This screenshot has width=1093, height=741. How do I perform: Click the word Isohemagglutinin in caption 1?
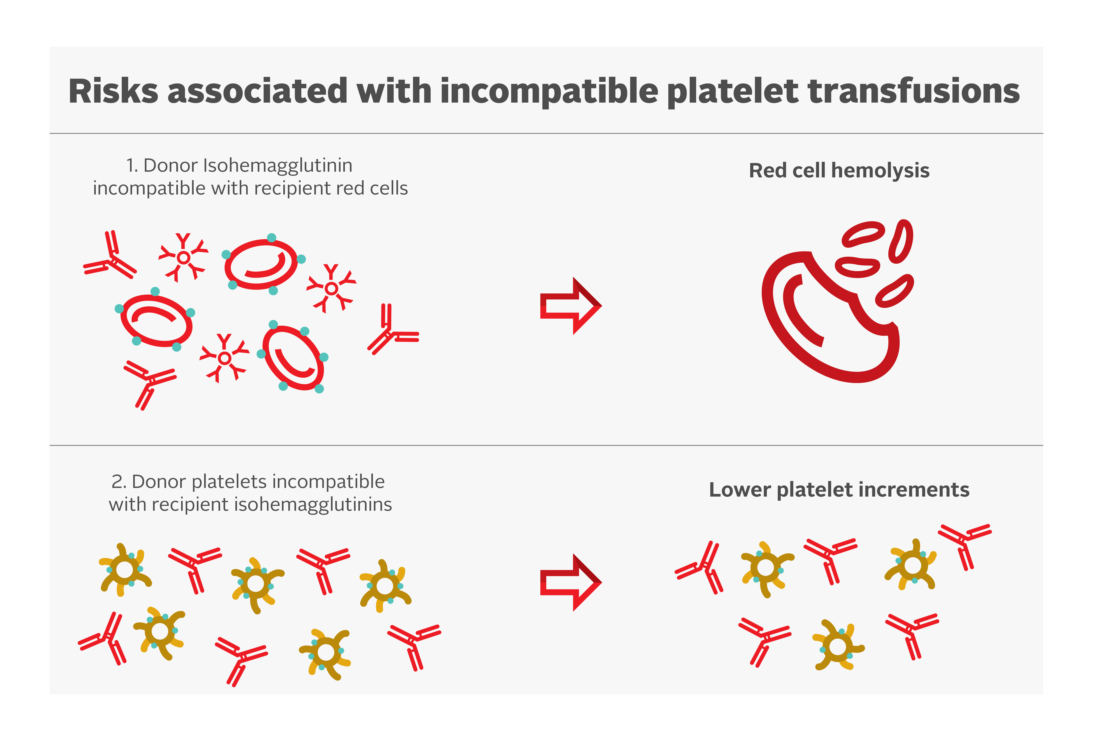coord(278,166)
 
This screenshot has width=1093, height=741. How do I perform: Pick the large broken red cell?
coord(828,320)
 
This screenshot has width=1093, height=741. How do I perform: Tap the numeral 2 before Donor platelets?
coord(117,482)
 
